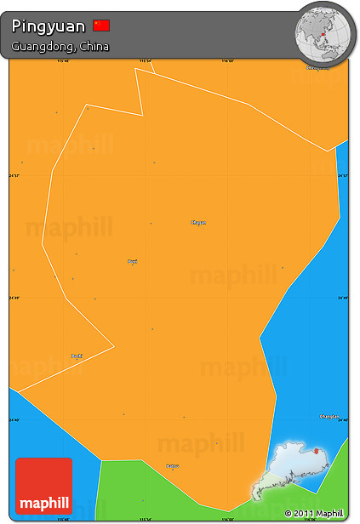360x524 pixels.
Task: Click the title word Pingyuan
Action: (49, 26)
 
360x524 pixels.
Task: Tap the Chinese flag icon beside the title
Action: (101, 26)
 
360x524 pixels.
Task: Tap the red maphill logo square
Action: (44, 486)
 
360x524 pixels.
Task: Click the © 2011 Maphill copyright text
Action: (314, 513)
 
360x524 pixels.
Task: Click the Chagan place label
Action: (198, 222)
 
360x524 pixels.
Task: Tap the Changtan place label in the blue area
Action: (329, 417)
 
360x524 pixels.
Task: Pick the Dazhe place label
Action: (77, 356)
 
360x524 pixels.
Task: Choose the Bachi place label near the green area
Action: (172, 465)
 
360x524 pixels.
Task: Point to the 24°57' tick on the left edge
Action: (13, 175)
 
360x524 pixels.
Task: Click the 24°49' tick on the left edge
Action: (13, 298)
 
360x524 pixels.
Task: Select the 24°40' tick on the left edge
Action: (13, 419)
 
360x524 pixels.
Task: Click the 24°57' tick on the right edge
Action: (343, 175)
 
